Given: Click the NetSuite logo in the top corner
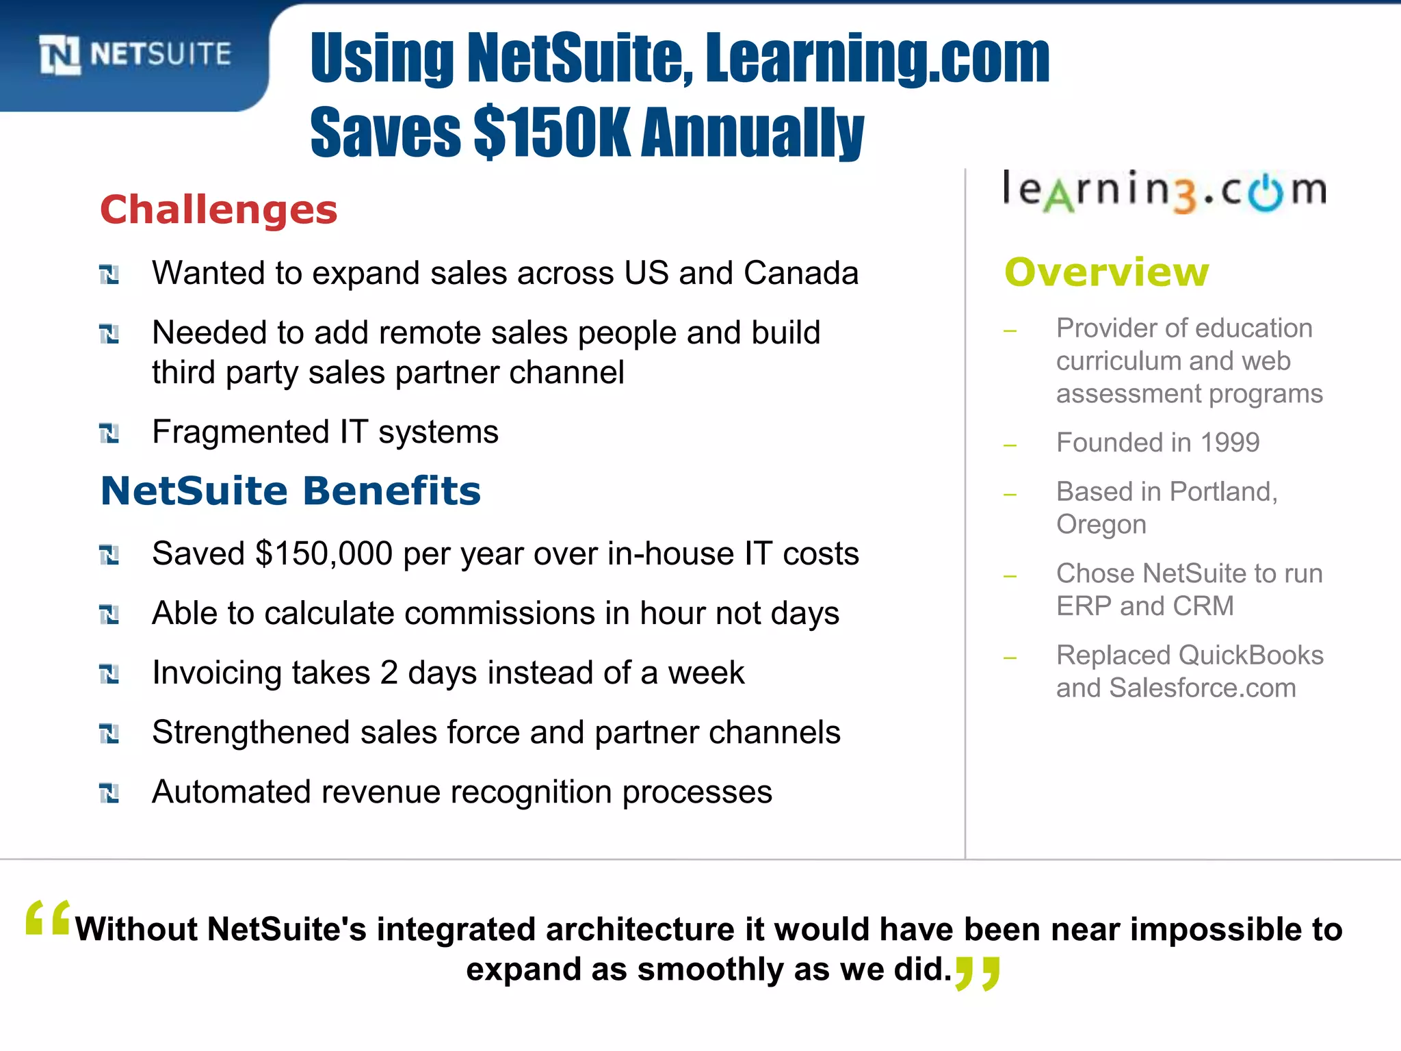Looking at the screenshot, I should (135, 54).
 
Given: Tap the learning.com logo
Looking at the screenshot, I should (1164, 191).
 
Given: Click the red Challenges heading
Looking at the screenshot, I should (219, 209).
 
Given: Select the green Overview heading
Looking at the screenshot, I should (1106, 272).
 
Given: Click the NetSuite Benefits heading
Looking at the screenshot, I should (291, 491).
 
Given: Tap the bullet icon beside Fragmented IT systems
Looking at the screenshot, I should (109, 433).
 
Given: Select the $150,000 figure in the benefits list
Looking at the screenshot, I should (324, 554).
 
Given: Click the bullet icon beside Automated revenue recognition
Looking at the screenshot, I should (109, 793).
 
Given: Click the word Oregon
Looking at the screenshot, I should (1101, 525).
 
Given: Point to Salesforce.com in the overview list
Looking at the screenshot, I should (1202, 688).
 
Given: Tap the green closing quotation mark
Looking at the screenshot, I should (978, 973).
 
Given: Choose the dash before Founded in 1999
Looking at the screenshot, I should (1010, 445).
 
